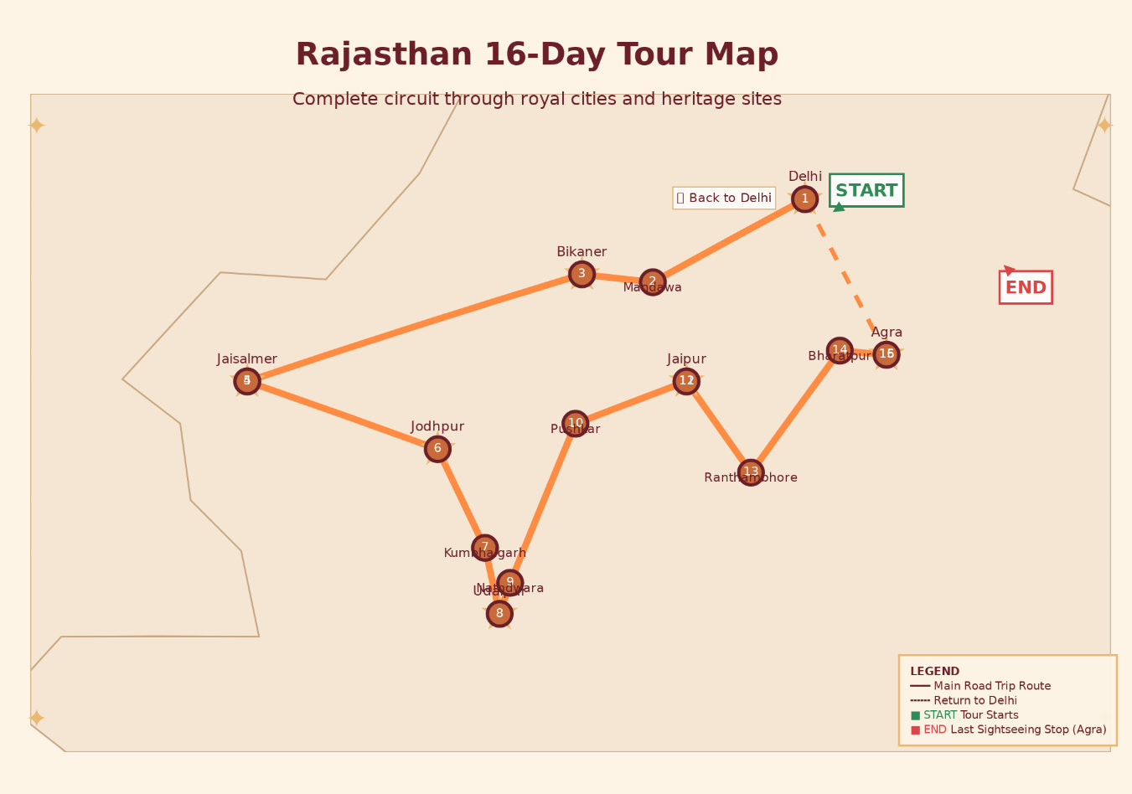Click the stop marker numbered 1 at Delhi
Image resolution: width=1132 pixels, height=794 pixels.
coord(804,199)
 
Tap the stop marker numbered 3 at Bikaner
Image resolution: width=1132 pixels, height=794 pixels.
coord(582,274)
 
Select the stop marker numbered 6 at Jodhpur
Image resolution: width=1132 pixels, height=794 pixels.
coord(437,449)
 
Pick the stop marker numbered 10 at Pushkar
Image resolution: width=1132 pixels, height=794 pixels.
coord(575,424)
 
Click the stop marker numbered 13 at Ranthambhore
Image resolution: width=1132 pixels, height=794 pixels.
coord(751,472)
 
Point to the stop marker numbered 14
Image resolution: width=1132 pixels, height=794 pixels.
coord(840,350)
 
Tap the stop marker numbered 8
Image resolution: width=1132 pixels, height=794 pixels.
coord(499,614)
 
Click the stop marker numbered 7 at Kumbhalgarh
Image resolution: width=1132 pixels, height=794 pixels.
coord(484,548)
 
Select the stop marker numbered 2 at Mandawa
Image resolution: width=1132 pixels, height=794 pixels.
coord(653,282)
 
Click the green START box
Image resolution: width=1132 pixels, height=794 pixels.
coord(866,190)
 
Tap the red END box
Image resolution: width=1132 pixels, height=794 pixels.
coord(1026,287)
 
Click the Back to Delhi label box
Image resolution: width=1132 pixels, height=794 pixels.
coord(724,198)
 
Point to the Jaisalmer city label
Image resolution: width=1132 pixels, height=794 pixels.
coord(247,359)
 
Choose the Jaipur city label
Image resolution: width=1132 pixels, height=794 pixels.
coord(687,359)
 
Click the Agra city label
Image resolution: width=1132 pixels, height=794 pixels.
coord(886,333)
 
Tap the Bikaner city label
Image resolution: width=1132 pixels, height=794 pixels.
coord(582,252)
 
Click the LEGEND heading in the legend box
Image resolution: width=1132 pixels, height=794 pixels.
coord(934,672)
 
